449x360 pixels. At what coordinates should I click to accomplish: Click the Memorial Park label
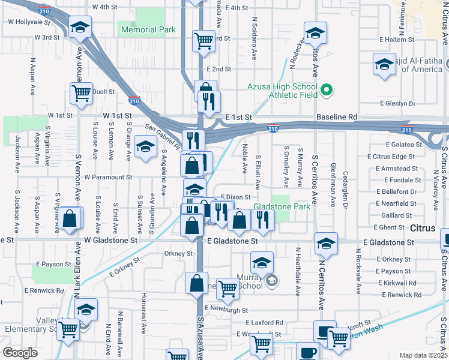click(x=148, y=29)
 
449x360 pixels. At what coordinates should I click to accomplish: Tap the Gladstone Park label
click(x=277, y=206)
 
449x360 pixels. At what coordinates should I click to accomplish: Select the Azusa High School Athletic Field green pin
click(x=326, y=91)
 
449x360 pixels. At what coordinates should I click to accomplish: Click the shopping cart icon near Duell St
click(x=80, y=94)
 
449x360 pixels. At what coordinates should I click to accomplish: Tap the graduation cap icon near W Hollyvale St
click(x=79, y=27)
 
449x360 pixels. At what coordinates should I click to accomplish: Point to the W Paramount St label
click(x=108, y=177)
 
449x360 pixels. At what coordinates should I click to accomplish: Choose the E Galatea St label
click(x=403, y=145)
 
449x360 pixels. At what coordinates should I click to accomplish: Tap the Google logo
click(x=20, y=353)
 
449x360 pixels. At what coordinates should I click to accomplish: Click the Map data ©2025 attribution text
click(x=423, y=355)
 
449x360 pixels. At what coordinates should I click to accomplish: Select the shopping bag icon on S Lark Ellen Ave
click(x=70, y=220)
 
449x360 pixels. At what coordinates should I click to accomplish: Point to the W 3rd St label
click(x=47, y=37)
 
